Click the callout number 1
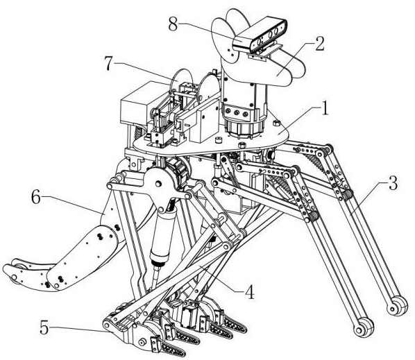click(x=324, y=108)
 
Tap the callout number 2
click(x=319, y=44)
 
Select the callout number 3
click(x=393, y=183)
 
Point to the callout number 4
click(x=250, y=291)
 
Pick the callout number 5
click(x=44, y=327)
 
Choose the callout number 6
click(x=36, y=197)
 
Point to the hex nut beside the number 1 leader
click(x=276, y=123)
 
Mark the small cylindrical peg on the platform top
click(x=218, y=139)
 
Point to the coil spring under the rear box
click(x=138, y=131)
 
